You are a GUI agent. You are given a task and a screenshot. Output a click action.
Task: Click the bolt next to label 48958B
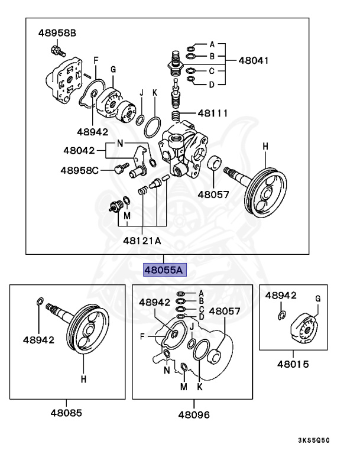click(56, 50)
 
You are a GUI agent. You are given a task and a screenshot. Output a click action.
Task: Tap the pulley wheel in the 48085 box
click(87, 331)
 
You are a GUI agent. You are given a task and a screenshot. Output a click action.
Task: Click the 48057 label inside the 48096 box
click(223, 310)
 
